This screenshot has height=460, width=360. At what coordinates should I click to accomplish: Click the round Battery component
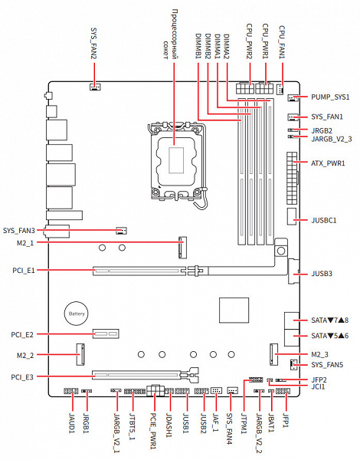[77, 314]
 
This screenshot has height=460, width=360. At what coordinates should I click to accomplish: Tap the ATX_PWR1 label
[328, 163]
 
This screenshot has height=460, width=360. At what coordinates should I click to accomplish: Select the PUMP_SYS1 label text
[330, 97]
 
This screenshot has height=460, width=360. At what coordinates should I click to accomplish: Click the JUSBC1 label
[324, 220]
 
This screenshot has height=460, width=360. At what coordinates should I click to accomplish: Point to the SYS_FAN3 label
[19, 231]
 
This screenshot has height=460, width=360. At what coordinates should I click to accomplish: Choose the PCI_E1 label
[24, 270]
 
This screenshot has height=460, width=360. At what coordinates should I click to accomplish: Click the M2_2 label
[25, 356]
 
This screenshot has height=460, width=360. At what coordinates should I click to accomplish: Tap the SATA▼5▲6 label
[330, 336]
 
